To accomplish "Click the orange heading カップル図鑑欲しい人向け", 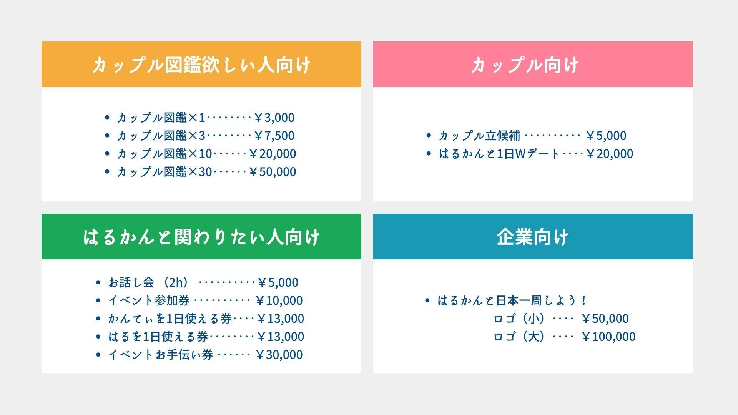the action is (x=201, y=65).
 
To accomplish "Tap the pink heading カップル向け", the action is (x=525, y=65).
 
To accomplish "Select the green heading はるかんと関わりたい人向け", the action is (x=201, y=237).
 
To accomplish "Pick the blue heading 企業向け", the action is (x=533, y=237).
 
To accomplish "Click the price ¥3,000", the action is (x=274, y=118).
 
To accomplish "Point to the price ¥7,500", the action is (x=274, y=136).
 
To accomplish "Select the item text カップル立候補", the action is (x=480, y=136).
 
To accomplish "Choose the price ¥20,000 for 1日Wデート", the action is (x=610, y=154).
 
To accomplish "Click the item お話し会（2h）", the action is (x=149, y=282).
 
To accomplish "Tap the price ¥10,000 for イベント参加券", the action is (x=279, y=300).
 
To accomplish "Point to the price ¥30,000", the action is (x=279, y=355).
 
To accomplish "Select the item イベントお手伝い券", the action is (x=161, y=355).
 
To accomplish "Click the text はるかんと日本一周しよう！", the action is (x=512, y=300).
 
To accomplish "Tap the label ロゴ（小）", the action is (x=519, y=319).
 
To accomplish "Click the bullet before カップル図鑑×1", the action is (x=107, y=117).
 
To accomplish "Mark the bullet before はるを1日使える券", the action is (x=98, y=336).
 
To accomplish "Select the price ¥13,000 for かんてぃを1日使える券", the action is (x=281, y=319).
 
